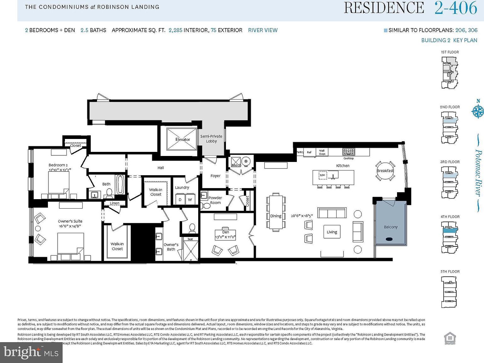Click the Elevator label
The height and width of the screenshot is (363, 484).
182,139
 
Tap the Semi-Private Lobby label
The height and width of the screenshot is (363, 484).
211,139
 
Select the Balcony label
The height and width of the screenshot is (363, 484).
391,227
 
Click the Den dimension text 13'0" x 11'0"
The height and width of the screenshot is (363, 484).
226,237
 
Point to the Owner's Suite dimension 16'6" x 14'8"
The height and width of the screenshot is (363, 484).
70,226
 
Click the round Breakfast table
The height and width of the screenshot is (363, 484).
385,171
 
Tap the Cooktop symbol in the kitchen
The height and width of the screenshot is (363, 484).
349,152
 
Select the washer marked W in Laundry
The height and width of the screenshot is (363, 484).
190,199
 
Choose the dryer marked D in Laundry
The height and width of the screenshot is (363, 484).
180,199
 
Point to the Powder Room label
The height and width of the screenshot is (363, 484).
215,200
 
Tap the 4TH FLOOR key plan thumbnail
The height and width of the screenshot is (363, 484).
450,237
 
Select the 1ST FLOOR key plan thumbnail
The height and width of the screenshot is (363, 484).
450,72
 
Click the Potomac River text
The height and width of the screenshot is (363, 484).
478,173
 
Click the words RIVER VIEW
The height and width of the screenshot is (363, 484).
263,30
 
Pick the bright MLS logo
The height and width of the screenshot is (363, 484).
31,353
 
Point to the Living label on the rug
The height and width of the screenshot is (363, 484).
332,232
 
